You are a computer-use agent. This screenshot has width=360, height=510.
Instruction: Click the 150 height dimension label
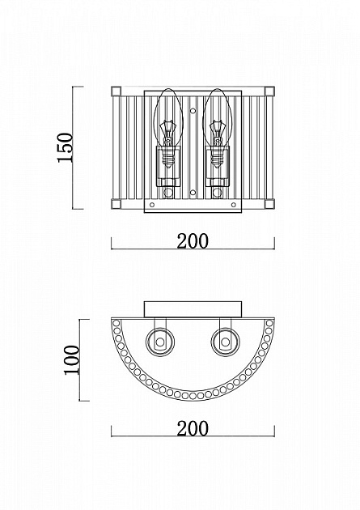(65, 147)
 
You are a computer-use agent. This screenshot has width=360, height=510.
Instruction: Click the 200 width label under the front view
(193, 241)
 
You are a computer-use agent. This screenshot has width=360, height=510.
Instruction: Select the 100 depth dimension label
(72, 359)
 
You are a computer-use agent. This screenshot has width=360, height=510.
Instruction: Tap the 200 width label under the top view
(193, 428)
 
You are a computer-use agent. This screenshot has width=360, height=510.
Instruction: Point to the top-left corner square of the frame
(116, 91)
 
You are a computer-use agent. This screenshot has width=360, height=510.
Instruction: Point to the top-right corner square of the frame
(269, 91)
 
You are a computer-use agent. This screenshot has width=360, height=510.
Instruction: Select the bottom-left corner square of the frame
(116, 204)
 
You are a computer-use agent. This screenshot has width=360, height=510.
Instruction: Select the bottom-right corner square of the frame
(269, 204)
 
